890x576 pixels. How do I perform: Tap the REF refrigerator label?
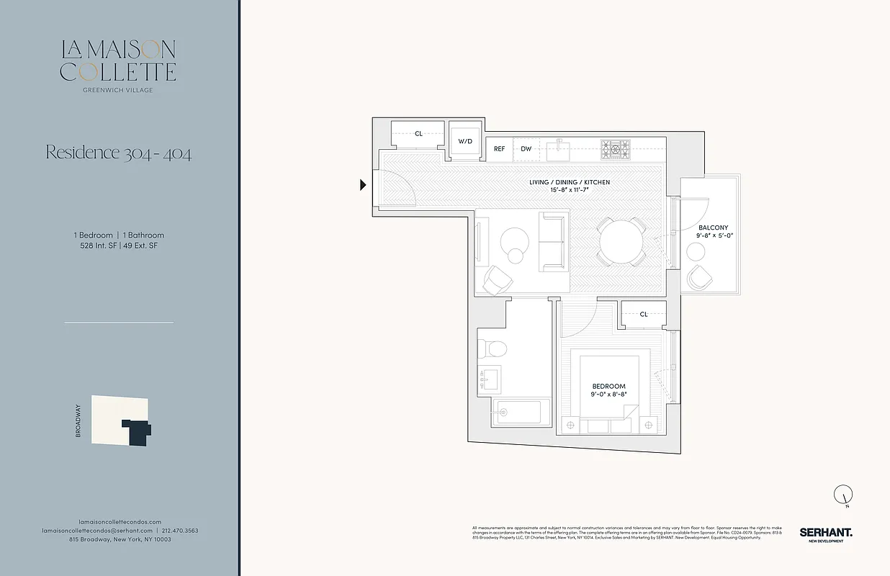click(x=499, y=149)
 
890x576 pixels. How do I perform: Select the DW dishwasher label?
click(x=526, y=149)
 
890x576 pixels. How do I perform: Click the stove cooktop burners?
click(x=616, y=149)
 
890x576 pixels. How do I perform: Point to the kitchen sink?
click(x=557, y=150)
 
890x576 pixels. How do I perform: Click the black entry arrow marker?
click(x=364, y=185)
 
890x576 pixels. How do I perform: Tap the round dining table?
click(x=621, y=241)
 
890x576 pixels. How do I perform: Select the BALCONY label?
click(x=713, y=228)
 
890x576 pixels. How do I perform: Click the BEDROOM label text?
click(x=609, y=387)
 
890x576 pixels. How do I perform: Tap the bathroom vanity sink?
click(x=490, y=377)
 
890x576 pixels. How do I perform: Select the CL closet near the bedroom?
click(x=644, y=314)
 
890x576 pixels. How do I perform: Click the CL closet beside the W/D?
click(x=418, y=134)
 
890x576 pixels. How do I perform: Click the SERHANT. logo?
click(x=825, y=533)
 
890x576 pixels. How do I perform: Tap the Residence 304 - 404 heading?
click(x=119, y=153)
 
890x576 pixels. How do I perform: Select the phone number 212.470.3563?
click(x=180, y=531)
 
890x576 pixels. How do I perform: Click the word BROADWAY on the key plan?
click(x=78, y=422)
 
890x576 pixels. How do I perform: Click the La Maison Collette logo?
click(x=119, y=63)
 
